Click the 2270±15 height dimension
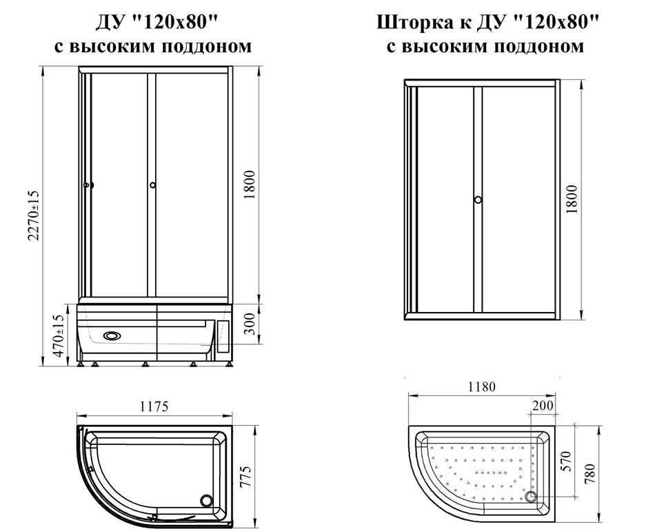point(33,216)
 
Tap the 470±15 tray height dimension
point(59,335)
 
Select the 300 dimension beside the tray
point(250,324)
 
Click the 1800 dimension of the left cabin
point(250,185)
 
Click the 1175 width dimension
point(154,406)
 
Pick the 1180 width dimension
point(482,387)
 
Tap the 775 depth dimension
point(245,477)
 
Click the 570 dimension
point(567,461)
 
